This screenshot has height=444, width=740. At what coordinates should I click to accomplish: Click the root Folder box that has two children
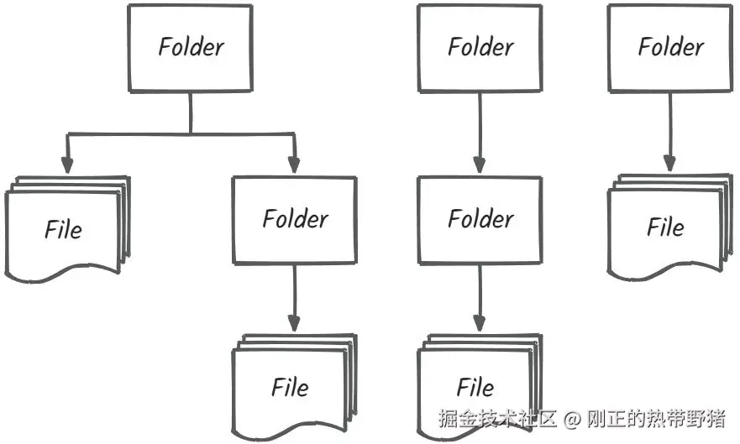pyautogui.click(x=190, y=47)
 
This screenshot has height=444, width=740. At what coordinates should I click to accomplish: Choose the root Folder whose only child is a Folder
pyautogui.click(x=480, y=47)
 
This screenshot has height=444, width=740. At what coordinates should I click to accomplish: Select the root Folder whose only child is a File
pyautogui.click(x=669, y=47)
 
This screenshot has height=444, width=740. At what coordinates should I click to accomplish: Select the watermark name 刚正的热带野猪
pyautogui.click(x=655, y=418)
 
